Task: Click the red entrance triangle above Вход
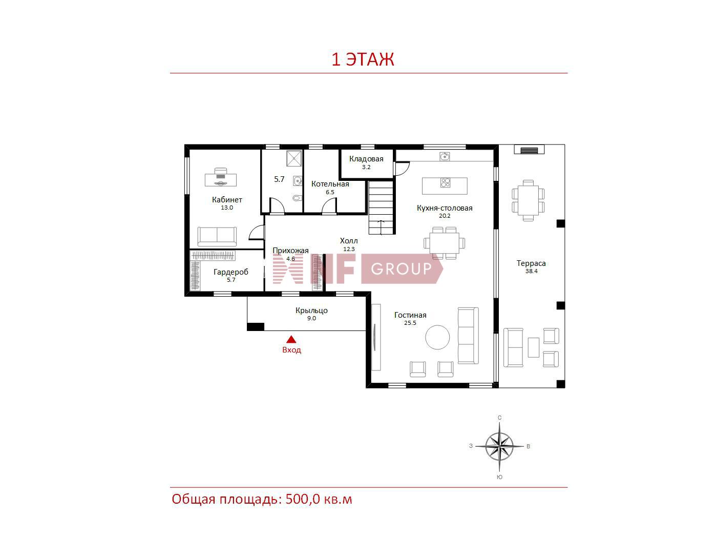(291, 340)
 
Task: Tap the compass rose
(499, 446)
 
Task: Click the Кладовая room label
(366, 159)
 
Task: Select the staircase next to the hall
(381, 208)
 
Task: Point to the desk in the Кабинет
(221, 177)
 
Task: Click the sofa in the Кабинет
(217, 237)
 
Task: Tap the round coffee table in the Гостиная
(437, 337)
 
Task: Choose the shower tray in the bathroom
(294, 158)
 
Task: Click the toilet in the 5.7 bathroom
(297, 198)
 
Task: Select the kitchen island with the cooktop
(445, 186)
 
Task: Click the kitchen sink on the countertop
(444, 156)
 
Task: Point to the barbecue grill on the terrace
(529, 150)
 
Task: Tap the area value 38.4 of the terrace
(531, 271)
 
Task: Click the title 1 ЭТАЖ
(363, 59)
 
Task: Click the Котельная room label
(330, 184)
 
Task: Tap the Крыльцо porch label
(311, 311)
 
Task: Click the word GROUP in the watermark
(401, 268)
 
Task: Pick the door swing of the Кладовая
(402, 169)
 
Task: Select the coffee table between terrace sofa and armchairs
(534, 347)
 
